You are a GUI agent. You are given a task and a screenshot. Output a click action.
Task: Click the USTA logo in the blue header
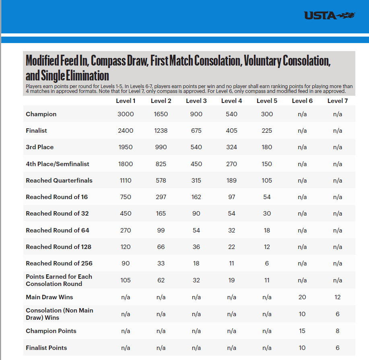pyautogui.click(x=330, y=16)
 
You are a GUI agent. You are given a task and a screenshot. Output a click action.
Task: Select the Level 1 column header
pyautogui.click(x=126, y=101)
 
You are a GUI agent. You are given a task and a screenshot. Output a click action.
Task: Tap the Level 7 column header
pyautogui.click(x=337, y=101)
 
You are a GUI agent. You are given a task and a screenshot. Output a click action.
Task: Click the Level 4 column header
pyautogui.click(x=231, y=101)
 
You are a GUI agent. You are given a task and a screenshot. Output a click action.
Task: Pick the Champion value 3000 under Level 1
pyautogui.click(x=126, y=114)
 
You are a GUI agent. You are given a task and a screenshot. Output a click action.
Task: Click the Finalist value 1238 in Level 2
pyautogui.click(x=161, y=131)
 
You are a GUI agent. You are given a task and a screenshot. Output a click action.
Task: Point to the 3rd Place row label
pyautogui.click(x=39, y=147)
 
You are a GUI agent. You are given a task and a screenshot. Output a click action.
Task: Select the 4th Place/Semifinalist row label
pyautogui.click(x=58, y=164)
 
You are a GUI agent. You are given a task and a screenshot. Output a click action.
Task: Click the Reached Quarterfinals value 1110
pyautogui.click(x=126, y=181)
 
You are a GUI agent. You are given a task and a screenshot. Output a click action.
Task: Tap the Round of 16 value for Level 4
pyautogui.click(x=231, y=197)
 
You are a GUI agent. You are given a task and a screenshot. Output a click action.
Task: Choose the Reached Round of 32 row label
pyautogui.click(x=57, y=214)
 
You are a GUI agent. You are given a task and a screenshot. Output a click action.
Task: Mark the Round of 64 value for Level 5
pyautogui.click(x=267, y=230)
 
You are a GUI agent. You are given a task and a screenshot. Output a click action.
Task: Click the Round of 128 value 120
pyautogui.click(x=126, y=247)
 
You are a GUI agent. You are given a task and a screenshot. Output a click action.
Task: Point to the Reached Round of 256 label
pyautogui.click(x=59, y=263)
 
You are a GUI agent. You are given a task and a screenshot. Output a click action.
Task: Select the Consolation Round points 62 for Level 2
pyautogui.click(x=161, y=280)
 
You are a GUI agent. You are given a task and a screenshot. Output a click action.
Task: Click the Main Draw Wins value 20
pyautogui.click(x=302, y=297)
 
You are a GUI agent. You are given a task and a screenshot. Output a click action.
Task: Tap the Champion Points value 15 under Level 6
pyautogui.click(x=302, y=331)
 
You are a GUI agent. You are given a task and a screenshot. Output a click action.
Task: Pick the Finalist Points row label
pyautogui.click(x=46, y=348)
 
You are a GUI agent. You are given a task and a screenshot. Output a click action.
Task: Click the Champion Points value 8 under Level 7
pyautogui.click(x=337, y=331)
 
